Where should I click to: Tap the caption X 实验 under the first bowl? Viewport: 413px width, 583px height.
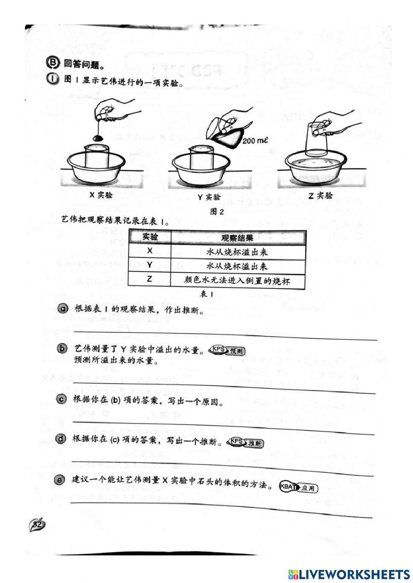pos(101,195)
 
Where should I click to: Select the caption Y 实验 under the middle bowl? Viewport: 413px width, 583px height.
pos(209,196)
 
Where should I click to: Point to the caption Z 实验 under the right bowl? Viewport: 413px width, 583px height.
pos(320,196)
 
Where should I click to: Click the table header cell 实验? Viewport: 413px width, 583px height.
pos(150,237)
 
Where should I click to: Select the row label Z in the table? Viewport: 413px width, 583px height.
pos(150,279)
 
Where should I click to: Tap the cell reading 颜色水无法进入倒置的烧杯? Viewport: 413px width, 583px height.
pos(237,281)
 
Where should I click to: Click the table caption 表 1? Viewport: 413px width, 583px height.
pos(206,294)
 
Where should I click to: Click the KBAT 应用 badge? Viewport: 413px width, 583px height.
pos(299,488)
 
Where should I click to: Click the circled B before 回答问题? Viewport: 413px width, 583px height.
pos(52,63)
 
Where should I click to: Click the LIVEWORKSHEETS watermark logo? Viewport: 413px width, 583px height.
pos(349,574)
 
